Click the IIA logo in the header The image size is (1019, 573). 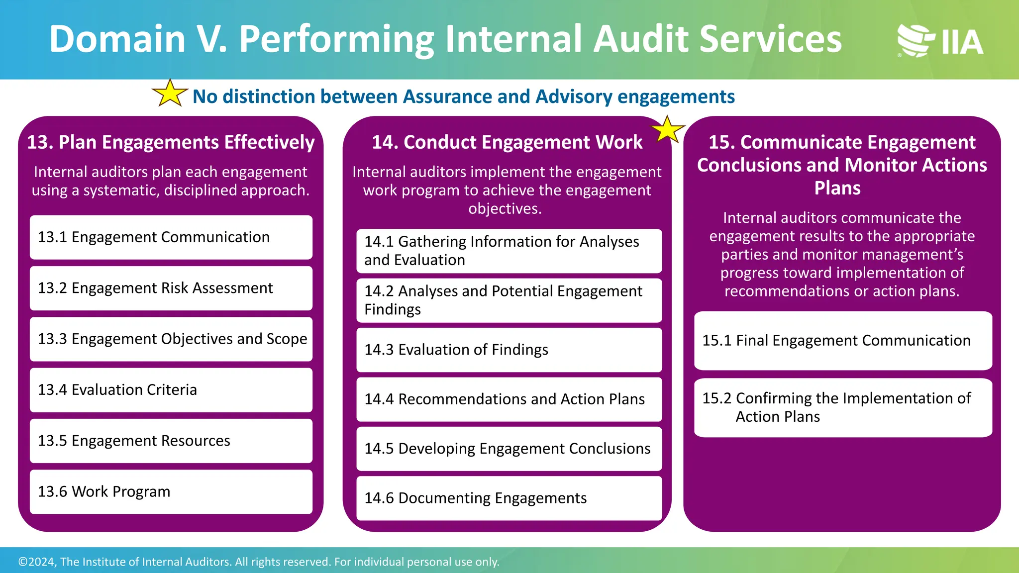(940, 41)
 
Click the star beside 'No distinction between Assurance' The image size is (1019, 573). (170, 94)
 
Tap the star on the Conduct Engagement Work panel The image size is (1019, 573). (668, 130)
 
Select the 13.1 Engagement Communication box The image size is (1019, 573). (171, 237)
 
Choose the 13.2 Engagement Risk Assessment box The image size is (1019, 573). (171, 288)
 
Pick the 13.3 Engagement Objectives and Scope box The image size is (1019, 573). (171, 339)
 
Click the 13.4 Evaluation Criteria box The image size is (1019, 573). (171, 390)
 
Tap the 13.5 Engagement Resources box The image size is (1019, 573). (171, 441)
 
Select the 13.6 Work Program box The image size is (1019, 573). (171, 492)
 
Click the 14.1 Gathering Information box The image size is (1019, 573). (509, 251)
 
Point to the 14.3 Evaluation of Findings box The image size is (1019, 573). (509, 350)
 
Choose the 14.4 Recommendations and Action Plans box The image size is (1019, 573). (509, 399)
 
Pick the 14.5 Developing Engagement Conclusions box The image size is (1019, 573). (509, 449)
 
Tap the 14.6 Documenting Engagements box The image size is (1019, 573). (509, 498)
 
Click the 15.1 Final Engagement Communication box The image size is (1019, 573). (843, 341)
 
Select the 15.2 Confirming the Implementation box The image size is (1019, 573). (843, 407)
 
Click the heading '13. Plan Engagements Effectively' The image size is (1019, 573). (171, 142)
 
